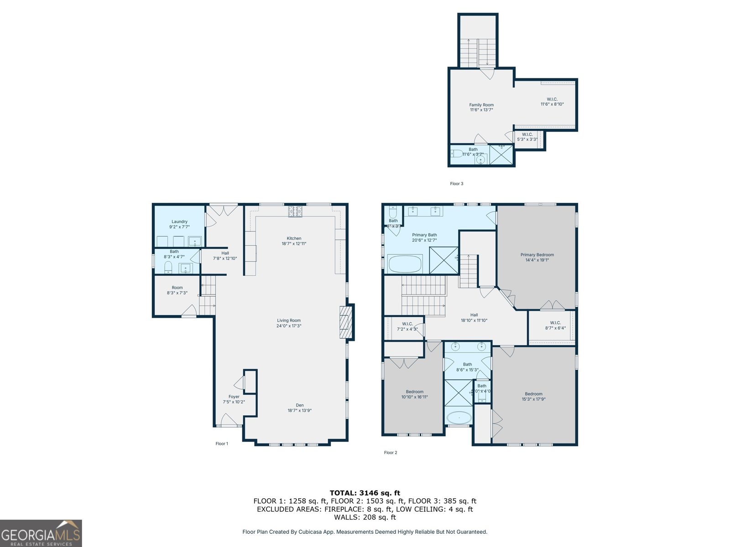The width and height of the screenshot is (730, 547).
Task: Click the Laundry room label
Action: pyautogui.click(x=179, y=224)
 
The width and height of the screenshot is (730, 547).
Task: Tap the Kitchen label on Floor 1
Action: pyautogui.click(x=294, y=241)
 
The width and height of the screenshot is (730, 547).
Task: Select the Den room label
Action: pyautogui.click(x=299, y=408)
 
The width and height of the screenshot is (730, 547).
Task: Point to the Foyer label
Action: pyautogui.click(x=234, y=399)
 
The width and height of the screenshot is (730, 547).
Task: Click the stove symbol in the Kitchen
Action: pyautogui.click(x=295, y=211)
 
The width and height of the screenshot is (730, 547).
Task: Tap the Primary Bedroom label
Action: pyautogui.click(x=537, y=257)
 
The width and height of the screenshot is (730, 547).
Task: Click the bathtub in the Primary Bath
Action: pyautogui.click(x=405, y=264)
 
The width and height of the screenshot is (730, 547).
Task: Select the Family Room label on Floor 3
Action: pyautogui.click(x=481, y=107)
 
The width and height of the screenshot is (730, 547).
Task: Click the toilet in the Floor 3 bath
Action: pyautogui.click(x=457, y=154)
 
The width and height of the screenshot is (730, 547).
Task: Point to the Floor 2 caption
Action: pyautogui.click(x=391, y=453)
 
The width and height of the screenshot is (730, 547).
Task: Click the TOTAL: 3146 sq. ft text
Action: pyautogui.click(x=365, y=493)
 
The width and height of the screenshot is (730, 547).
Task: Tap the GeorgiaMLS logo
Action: pyautogui.click(x=41, y=533)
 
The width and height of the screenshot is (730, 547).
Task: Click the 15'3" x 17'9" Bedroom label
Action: pyautogui.click(x=533, y=396)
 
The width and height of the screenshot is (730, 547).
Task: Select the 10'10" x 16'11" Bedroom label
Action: pyautogui.click(x=414, y=394)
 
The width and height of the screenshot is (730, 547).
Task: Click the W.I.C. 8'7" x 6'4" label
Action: pyautogui.click(x=555, y=325)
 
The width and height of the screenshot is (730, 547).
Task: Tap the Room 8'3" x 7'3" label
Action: pyautogui.click(x=177, y=290)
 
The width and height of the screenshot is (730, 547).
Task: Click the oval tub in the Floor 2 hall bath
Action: pyautogui.click(x=459, y=418)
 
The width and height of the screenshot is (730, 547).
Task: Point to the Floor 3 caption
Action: pyautogui.click(x=456, y=184)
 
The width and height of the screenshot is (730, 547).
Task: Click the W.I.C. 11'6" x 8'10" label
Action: pyautogui.click(x=552, y=101)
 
